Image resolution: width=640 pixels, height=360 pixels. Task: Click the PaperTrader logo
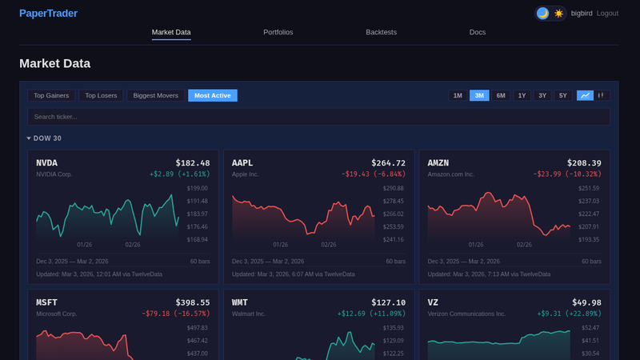(x=48, y=13)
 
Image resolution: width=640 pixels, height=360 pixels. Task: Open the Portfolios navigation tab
(x=278, y=33)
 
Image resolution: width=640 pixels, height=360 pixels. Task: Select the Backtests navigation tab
(x=381, y=33)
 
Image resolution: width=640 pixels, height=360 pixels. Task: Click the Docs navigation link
(x=477, y=33)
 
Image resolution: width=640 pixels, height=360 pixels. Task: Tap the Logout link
(x=607, y=14)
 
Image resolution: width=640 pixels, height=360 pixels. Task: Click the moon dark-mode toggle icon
(x=542, y=14)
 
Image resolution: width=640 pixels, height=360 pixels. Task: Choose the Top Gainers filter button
(x=52, y=96)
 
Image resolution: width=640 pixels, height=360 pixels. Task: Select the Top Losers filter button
(x=101, y=96)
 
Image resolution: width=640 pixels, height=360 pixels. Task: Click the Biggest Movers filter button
(x=155, y=96)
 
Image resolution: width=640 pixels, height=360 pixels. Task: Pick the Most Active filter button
(x=212, y=96)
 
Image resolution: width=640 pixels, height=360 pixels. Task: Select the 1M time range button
(x=458, y=96)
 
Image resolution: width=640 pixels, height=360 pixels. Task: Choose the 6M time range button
(x=501, y=96)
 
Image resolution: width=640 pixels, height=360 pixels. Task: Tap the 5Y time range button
(x=562, y=96)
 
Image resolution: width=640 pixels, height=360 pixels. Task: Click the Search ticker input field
(x=318, y=117)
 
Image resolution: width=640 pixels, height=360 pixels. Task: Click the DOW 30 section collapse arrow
(x=29, y=138)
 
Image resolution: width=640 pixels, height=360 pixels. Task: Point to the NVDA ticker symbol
(x=47, y=162)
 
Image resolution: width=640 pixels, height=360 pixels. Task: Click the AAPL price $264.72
(x=388, y=162)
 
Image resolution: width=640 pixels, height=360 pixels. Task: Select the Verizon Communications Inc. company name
(x=466, y=314)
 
